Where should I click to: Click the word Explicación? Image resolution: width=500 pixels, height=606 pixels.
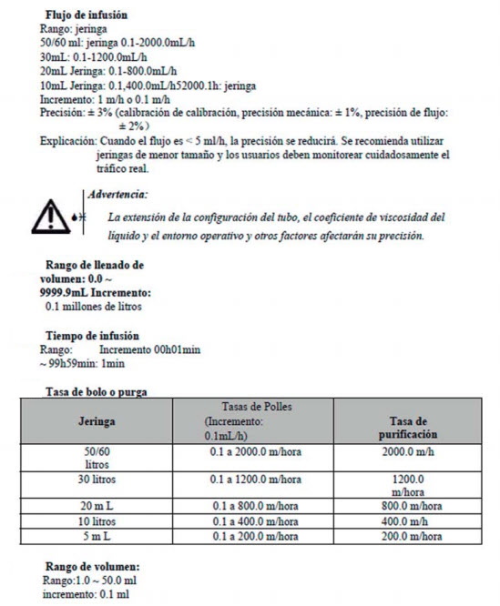(x=67, y=142)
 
